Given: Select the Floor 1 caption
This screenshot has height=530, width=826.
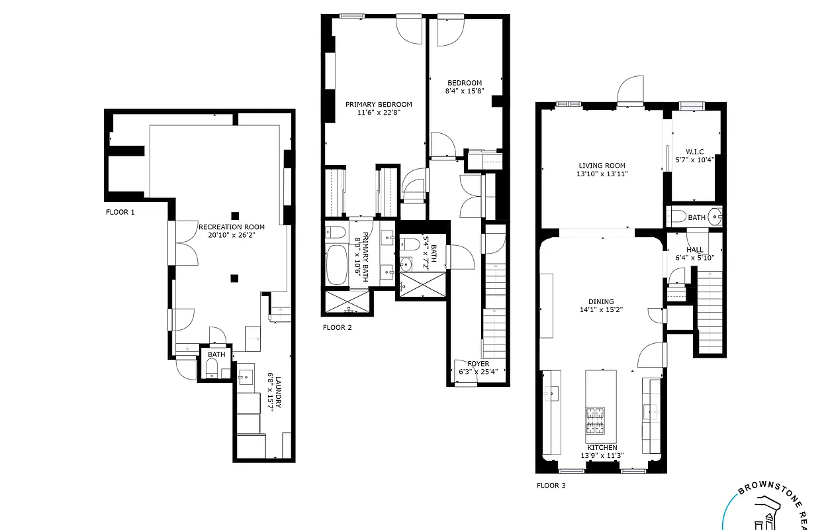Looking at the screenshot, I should click(120, 213).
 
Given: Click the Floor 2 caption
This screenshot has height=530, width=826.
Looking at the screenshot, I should click(337, 327).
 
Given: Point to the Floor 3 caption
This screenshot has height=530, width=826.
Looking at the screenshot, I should click(551, 485).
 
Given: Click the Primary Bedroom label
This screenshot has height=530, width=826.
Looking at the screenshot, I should click(379, 105).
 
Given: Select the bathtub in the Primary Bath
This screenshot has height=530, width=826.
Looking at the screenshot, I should click(338, 266).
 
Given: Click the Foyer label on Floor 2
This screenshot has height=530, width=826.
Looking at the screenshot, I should click(478, 364).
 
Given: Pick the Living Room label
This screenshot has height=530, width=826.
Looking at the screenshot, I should click(602, 166).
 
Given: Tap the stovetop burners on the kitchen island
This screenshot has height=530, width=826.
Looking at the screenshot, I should click(595, 419).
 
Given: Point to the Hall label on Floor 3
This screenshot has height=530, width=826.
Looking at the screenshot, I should click(695, 250).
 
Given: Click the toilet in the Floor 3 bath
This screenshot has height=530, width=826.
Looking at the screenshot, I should click(678, 217).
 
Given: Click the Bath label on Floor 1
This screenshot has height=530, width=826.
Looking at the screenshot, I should click(216, 354).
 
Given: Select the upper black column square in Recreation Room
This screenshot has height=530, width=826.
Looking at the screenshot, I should click(234, 215).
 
